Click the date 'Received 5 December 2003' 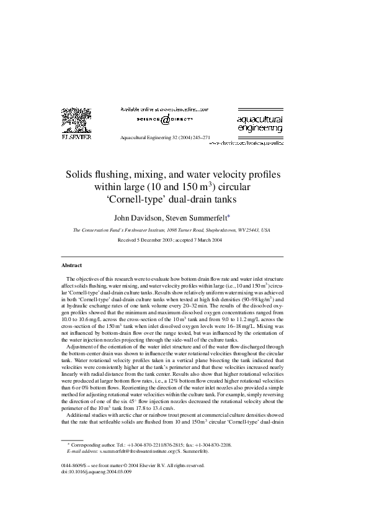[x=149, y=240]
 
